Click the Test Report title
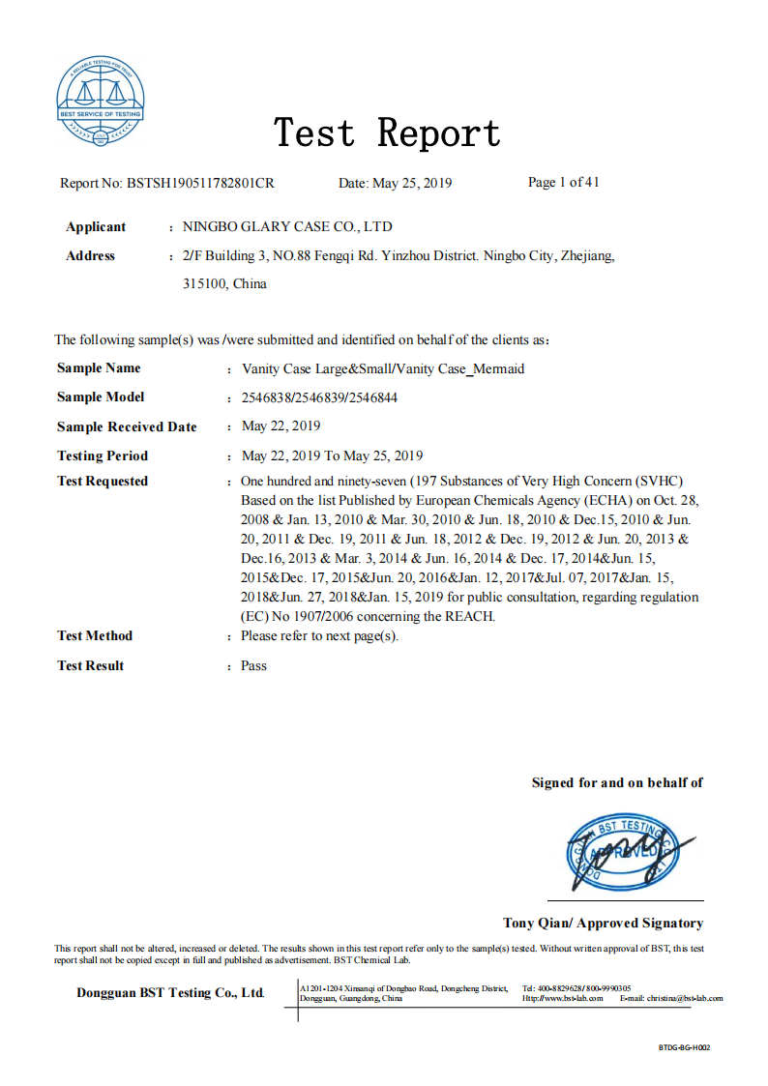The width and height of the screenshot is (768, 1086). click(387, 132)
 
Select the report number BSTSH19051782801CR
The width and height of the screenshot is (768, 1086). click(200, 183)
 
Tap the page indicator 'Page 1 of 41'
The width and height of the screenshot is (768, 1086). click(564, 182)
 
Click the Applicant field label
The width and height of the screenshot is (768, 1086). click(96, 227)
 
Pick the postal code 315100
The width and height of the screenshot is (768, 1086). click(205, 284)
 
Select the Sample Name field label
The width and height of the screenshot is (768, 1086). click(99, 368)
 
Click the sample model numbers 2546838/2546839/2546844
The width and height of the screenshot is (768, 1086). click(319, 397)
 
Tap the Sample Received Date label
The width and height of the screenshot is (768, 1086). click(127, 427)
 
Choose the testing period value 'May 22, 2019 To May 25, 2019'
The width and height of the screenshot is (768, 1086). click(332, 455)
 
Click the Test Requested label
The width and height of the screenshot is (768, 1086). click(103, 482)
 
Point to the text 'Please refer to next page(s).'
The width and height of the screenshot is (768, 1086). click(319, 636)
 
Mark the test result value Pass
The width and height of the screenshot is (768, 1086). click(253, 665)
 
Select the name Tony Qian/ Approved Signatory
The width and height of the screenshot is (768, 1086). click(603, 924)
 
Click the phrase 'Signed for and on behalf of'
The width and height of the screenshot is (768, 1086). click(617, 782)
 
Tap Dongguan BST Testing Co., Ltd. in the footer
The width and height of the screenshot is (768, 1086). click(170, 993)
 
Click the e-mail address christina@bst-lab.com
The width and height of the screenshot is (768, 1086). click(684, 998)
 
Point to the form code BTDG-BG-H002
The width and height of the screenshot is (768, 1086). click(684, 1047)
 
